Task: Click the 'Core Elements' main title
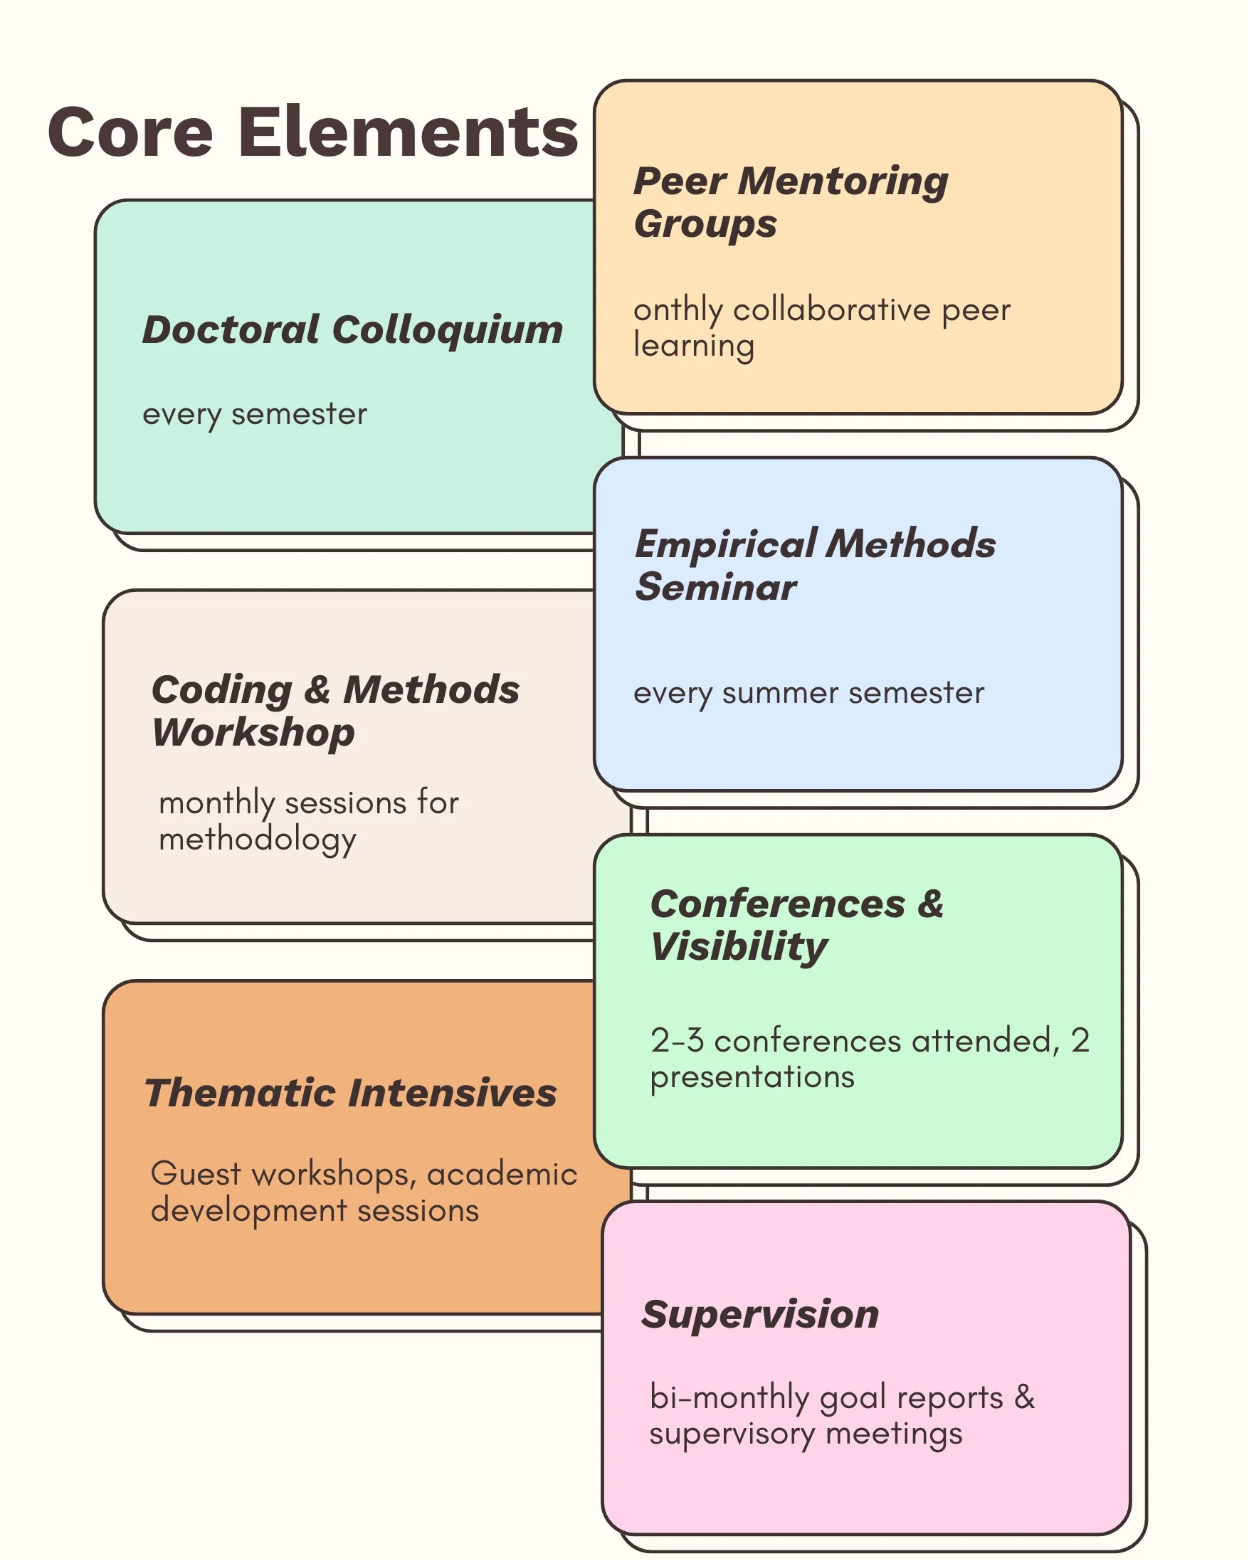pyautogui.click(x=313, y=132)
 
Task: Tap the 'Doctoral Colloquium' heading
pyautogui.click(x=352, y=331)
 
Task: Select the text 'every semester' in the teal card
pyautogui.click(x=255, y=415)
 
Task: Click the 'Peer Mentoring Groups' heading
pyautogui.click(x=791, y=203)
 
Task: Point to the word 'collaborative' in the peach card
pyautogui.click(x=832, y=310)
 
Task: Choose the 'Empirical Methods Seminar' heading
pyautogui.click(x=816, y=566)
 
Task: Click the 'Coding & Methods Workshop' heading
pyautogui.click(x=335, y=711)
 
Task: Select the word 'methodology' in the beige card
pyautogui.click(x=257, y=840)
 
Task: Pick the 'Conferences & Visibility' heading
pyautogui.click(x=797, y=926)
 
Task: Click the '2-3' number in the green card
pyautogui.click(x=677, y=1040)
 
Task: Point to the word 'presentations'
pyautogui.click(x=752, y=1078)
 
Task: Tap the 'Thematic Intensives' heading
pyautogui.click(x=351, y=1094)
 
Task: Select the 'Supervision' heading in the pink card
pyautogui.click(x=760, y=1314)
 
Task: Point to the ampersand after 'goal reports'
pyautogui.click(x=1025, y=1397)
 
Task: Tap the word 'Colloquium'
pyautogui.click(x=448, y=331)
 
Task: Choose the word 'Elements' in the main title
pyautogui.click(x=409, y=132)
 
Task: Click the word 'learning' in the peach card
pyautogui.click(x=694, y=346)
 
